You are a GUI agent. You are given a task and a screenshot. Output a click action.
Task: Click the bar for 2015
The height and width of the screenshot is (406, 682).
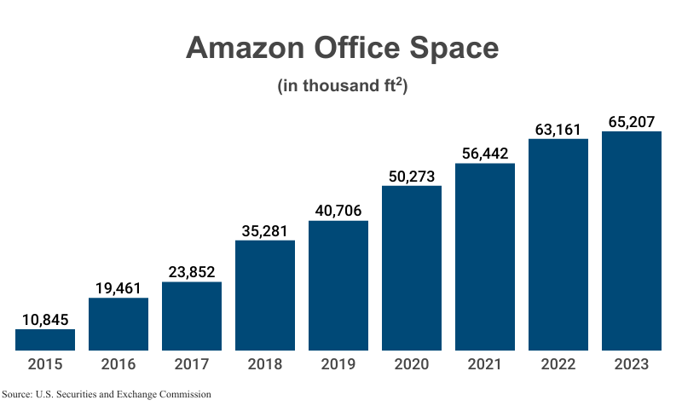pyautogui.click(x=45, y=339)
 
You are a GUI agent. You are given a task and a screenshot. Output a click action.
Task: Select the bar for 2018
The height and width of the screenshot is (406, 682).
pyautogui.click(x=265, y=295)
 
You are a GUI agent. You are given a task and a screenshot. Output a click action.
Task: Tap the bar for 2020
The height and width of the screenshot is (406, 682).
pyautogui.click(x=412, y=268)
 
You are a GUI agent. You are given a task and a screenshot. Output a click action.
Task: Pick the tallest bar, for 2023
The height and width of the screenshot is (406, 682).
pyautogui.click(x=632, y=241)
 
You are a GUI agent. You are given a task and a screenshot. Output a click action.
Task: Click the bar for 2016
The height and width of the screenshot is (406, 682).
pyautogui.click(x=118, y=324)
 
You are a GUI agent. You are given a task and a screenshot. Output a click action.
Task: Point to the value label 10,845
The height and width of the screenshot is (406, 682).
pyautogui.click(x=45, y=318)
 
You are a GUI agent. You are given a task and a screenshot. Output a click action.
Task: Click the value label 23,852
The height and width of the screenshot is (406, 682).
pyautogui.click(x=192, y=270)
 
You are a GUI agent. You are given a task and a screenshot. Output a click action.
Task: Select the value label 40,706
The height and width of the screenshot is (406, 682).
pyautogui.click(x=338, y=210)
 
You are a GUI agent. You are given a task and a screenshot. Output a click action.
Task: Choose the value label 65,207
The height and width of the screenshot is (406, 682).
pyautogui.click(x=632, y=121)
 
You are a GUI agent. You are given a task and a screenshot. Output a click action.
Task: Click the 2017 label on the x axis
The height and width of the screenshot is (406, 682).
pyautogui.click(x=192, y=365)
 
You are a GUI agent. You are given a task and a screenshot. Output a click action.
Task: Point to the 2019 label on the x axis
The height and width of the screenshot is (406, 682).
pyautogui.click(x=338, y=365)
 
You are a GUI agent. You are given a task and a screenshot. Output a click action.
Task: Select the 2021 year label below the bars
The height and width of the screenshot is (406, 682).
pyautogui.click(x=485, y=365)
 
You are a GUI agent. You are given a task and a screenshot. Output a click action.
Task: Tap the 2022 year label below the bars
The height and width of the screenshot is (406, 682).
pyautogui.click(x=558, y=365)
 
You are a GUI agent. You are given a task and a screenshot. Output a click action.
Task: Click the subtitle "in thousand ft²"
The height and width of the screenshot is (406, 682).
pyautogui.click(x=342, y=87)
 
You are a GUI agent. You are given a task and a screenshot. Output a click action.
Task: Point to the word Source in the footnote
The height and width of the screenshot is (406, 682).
pyautogui.click(x=17, y=394)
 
